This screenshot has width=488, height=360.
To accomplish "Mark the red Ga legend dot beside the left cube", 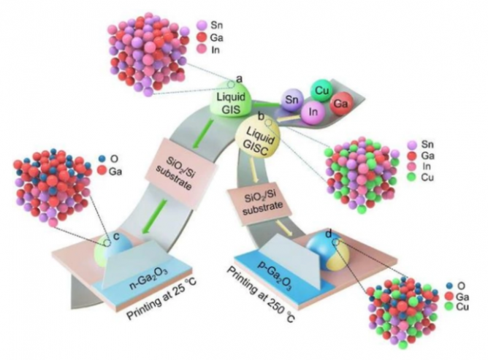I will click(102, 170).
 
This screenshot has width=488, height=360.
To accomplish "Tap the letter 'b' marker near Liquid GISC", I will click(261, 115).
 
